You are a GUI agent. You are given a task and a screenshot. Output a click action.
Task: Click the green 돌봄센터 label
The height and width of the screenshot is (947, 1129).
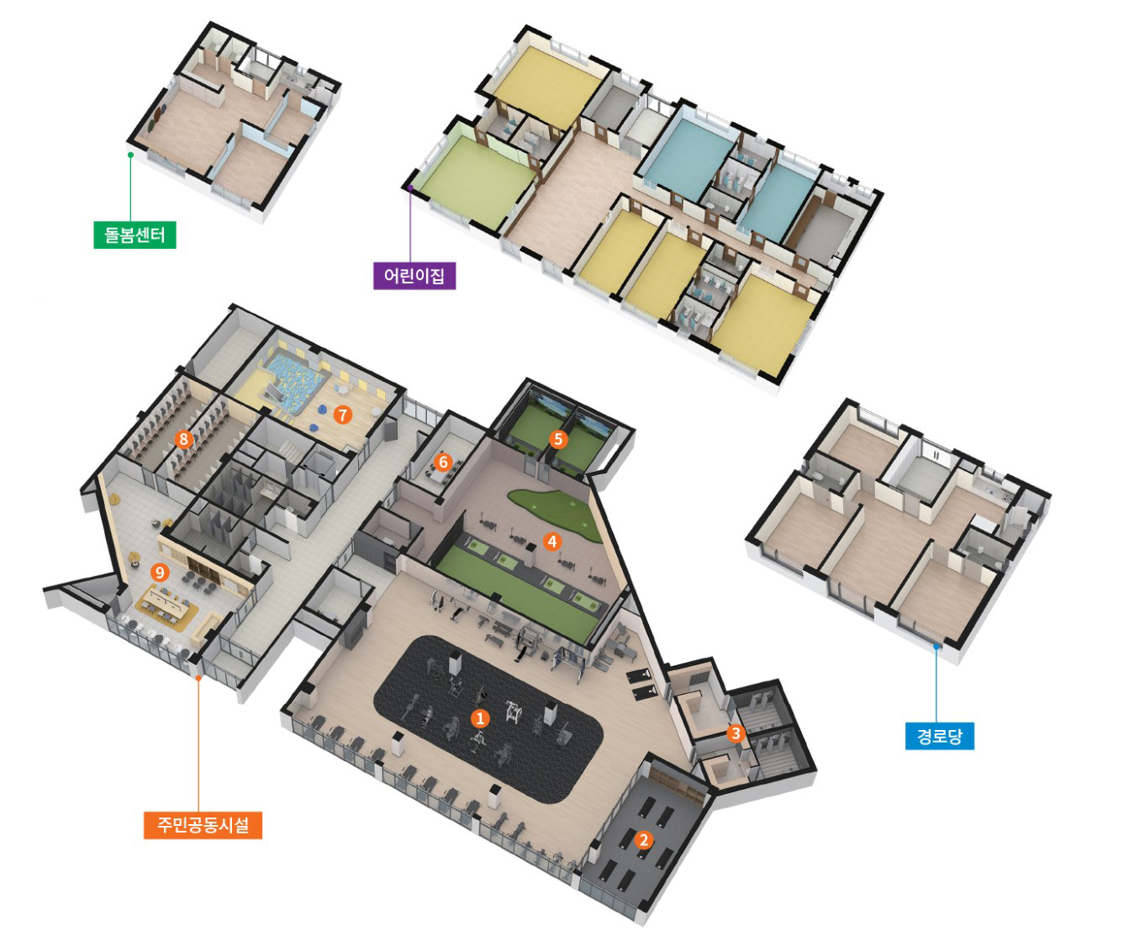coord(135,235)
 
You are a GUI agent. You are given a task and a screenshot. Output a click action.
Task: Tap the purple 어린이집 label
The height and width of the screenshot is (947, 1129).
coord(414,276)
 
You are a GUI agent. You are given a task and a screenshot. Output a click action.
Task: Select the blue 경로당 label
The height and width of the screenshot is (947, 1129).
coord(940,736)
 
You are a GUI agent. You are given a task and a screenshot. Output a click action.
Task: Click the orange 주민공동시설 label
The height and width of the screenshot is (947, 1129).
coord(203,825)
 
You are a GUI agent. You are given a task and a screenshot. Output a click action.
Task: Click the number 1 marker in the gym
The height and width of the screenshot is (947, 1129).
coord(480,718)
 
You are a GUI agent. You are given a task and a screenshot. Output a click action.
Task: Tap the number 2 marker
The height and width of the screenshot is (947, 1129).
coord(643,840)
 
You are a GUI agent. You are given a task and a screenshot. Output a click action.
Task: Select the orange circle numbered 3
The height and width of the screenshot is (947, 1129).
coord(736,733)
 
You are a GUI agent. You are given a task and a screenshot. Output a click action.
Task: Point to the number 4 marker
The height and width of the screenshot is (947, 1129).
coord(552,541)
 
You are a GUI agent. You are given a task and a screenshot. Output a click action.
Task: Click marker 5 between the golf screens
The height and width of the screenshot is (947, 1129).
coord(558,439)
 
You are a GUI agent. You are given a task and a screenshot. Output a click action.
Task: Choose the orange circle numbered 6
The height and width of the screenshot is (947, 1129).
coord(443,462)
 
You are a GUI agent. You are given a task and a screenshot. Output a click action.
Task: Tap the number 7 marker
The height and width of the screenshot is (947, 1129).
coord(343,415)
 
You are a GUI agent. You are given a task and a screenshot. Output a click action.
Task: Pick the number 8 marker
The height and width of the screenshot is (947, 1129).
coord(184,439)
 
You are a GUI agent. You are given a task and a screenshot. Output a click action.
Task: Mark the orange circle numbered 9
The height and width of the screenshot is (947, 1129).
coord(160,572)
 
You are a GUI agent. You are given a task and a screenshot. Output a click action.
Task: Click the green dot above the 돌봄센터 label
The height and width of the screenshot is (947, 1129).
coord(130,156)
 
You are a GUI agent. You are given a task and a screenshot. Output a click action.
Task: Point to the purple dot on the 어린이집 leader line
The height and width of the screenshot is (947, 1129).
coord(410,188)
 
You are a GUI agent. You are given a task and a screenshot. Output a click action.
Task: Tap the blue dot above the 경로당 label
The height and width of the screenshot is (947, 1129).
coord(936,646)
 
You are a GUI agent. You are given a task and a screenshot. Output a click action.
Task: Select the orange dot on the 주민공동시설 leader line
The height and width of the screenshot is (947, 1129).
coord(198,678)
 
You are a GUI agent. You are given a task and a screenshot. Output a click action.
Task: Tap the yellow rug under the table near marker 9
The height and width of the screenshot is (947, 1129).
coord(167,609)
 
